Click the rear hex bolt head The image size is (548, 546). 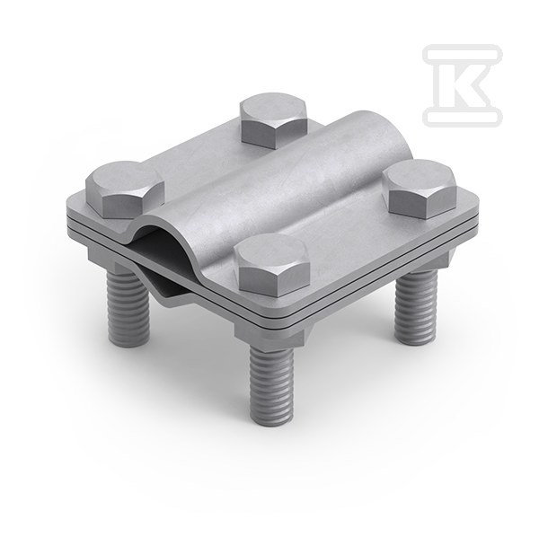(274, 119)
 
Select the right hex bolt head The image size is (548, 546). (420, 188)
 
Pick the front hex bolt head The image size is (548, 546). (272, 262)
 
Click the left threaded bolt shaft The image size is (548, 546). (128, 304)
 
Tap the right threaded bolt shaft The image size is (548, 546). (416, 302)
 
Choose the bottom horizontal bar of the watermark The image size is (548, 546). (462, 116)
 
